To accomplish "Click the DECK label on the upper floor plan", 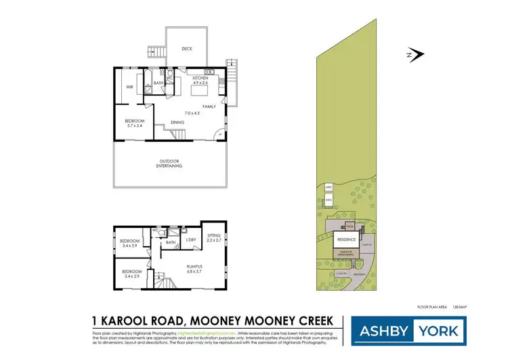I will coord(186,49).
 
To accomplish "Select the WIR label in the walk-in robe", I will coord(129,87).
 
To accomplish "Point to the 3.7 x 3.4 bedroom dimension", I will coord(133,125).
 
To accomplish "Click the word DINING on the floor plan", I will coord(177,122).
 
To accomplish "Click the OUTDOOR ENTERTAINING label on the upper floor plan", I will coord(169,163).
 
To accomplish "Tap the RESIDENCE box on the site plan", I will coord(345,239).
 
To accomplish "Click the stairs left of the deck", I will coord(156,52).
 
